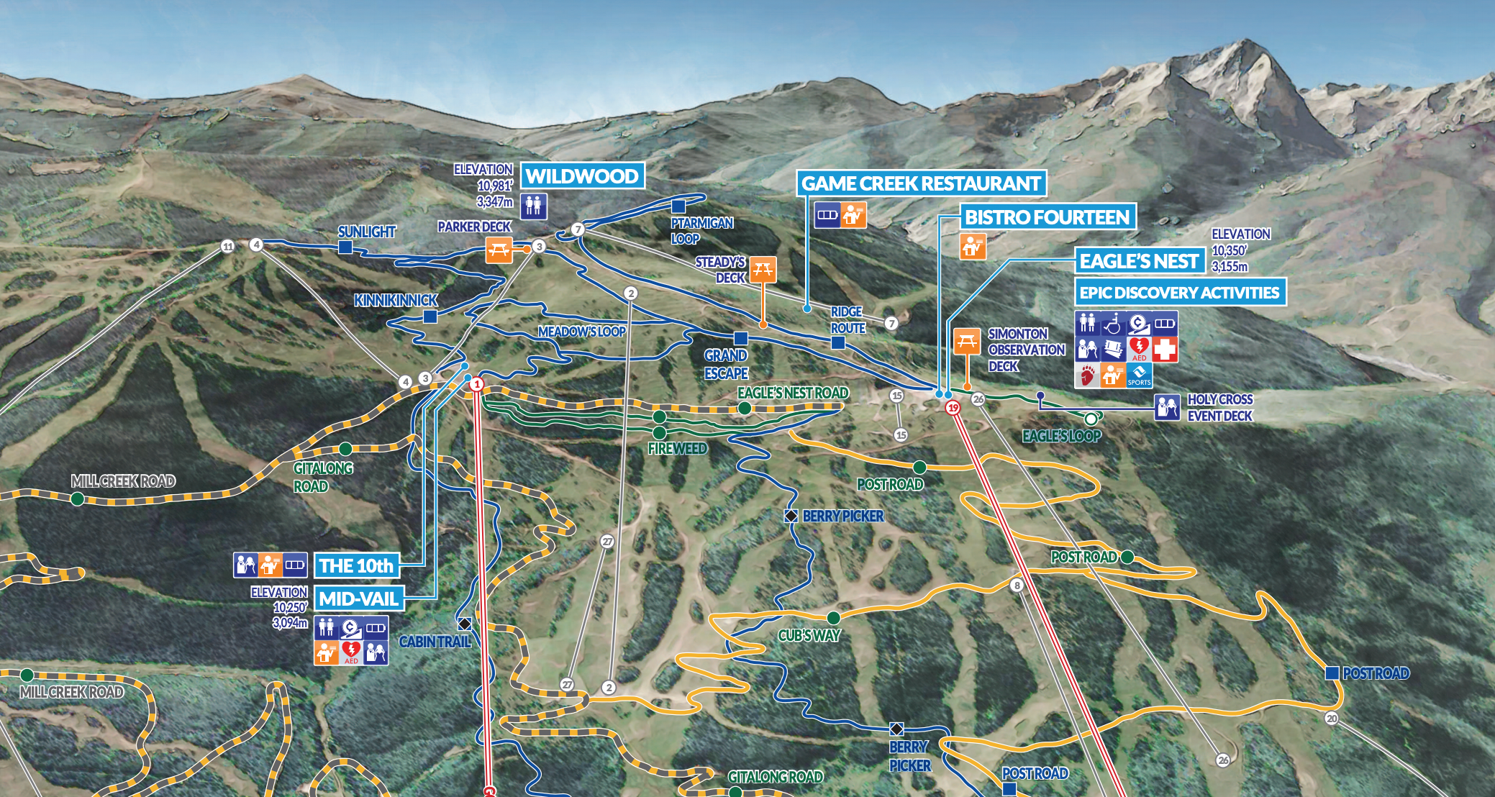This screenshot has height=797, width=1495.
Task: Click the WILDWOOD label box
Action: (x=581, y=176)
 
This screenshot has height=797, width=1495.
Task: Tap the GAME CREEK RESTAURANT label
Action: (x=921, y=184)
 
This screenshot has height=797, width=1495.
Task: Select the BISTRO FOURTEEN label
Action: (x=1047, y=217)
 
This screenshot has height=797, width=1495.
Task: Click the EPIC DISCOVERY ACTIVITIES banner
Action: (x=1179, y=293)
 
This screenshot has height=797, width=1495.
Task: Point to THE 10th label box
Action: (x=356, y=566)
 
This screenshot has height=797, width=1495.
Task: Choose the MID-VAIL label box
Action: (x=358, y=598)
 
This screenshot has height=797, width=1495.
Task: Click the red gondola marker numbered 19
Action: (x=953, y=408)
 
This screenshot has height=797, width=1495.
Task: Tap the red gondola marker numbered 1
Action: (x=476, y=385)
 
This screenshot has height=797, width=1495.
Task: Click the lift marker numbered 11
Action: (x=227, y=247)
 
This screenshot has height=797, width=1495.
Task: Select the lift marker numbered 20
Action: (x=1332, y=719)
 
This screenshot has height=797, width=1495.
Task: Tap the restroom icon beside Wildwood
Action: (x=533, y=206)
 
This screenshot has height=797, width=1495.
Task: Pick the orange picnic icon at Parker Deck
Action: (x=499, y=250)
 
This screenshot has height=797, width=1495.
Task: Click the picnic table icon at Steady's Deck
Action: (x=763, y=270)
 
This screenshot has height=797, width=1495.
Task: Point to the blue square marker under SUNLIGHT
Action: (x=345, y=247)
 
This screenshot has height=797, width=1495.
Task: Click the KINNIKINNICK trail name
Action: (x=396, y=300)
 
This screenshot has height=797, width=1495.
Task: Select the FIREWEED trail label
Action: (x=677, y=449)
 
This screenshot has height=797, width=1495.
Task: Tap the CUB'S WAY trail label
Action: (x=809, y=636)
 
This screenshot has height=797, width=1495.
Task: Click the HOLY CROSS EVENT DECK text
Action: (x=1219, y=408)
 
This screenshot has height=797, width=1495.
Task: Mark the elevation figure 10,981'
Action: (x=494, y=186)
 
